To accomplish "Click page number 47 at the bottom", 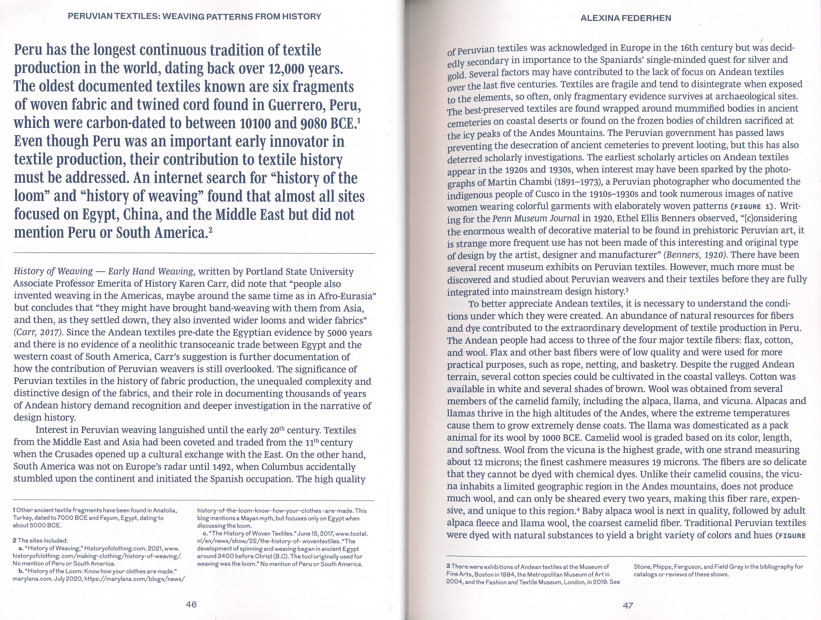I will [628, 606].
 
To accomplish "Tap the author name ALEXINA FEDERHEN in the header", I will [626, 18].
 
